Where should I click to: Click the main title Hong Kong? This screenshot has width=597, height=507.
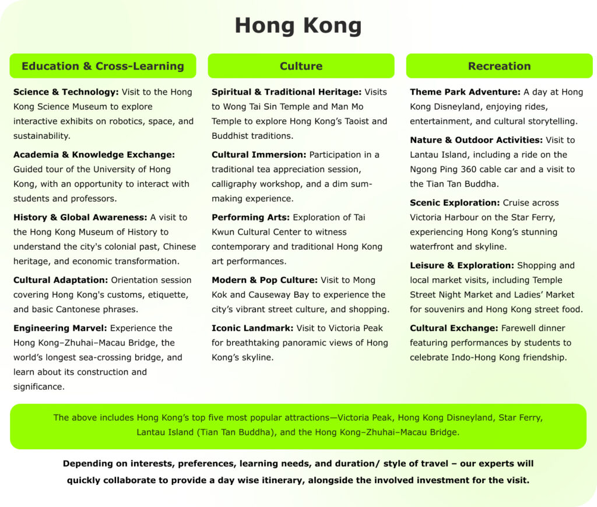tap(298, 26)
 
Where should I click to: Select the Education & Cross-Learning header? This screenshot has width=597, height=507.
tap(103, 66)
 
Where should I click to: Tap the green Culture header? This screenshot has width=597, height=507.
tap(301, 66)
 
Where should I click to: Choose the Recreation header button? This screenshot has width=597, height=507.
tap(499, 66)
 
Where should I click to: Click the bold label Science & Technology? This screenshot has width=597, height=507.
tap(66, 92)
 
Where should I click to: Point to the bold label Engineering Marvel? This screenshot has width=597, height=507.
tap(60, 328)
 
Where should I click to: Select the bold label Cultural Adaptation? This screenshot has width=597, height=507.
tap(61, 280)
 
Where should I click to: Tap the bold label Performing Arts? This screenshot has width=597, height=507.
tap(251, 217)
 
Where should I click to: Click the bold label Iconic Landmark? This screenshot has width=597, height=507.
tap(252, 328)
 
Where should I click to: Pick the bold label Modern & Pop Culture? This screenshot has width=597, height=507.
tap(265, 280)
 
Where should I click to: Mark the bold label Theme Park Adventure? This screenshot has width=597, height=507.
tap(465, 92)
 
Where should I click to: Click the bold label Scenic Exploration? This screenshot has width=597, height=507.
tap(455, 203)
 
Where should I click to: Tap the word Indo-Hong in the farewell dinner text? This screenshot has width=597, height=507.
tap(475, 357)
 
